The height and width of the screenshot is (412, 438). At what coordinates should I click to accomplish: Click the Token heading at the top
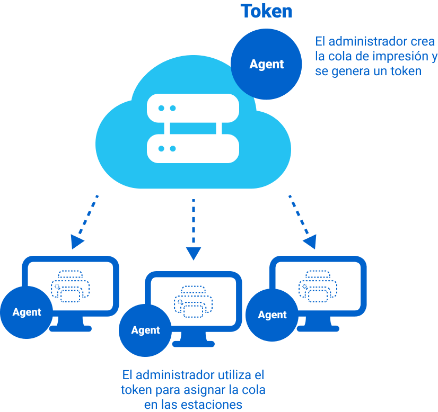(266, 11)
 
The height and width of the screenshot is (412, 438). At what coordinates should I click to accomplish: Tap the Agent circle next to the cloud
(267, 65)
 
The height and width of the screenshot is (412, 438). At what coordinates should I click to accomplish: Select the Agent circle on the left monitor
(27, 312)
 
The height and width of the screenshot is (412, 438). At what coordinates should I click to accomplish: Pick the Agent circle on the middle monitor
(145, 330)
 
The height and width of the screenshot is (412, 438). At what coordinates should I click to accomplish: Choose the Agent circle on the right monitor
(272, 315)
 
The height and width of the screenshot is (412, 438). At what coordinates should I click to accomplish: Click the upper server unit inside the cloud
(193, 108)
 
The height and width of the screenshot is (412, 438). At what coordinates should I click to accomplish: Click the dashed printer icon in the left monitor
(71, 286)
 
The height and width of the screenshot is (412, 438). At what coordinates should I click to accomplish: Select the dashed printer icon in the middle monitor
(194, 302)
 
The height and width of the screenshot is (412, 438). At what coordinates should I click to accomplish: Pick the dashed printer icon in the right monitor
(318, 286)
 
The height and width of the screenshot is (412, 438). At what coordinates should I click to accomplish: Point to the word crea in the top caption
(423, 41)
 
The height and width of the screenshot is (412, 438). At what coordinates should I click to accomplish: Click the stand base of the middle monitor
(194, 344)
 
